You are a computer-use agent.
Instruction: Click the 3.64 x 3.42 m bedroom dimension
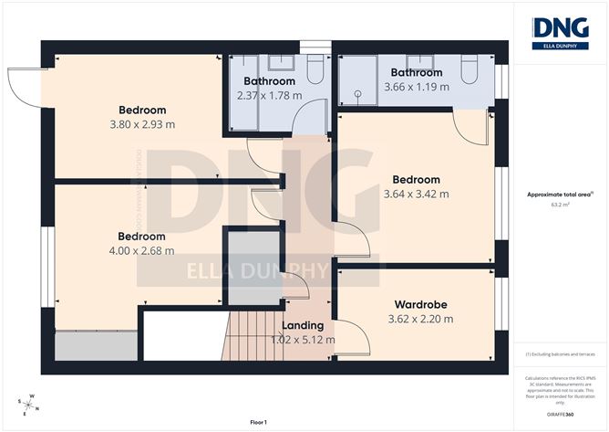(x=416, y=194)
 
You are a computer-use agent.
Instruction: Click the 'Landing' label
(x=303, y=325)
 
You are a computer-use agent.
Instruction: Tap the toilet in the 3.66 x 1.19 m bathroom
(x=470, y=68)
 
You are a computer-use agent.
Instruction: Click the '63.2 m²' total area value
(x=560, y=205)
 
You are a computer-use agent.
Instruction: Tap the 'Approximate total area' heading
(x=559, y=194)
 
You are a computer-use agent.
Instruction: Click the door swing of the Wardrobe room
(x=356, y=340)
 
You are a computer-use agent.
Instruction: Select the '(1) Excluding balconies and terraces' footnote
(x=560, y=353)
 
